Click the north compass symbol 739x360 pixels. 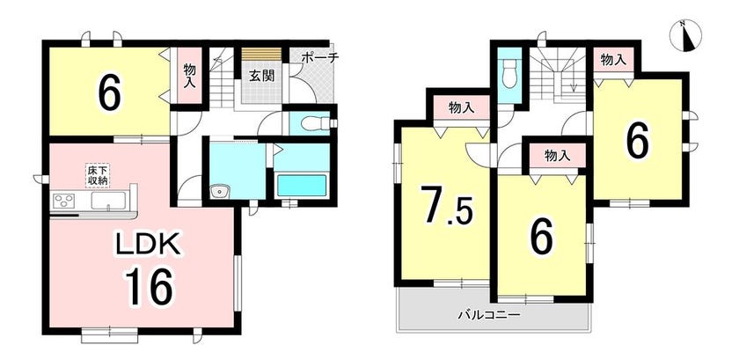[x=685, y=35]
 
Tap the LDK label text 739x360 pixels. [x=150, y=245]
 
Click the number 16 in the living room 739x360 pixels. [x=150, y=285]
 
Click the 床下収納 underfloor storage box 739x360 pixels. [x=97, y=175]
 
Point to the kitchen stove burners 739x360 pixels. [x=62, y=201]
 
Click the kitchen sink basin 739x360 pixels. [x=108, y=201]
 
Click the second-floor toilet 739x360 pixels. [x=509, y=75]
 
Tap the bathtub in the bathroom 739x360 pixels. [x=302, y=186]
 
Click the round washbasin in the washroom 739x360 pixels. [x=220, y=192]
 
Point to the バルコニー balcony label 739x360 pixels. [x=489, y=313]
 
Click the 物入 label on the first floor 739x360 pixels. [x=189, y=74]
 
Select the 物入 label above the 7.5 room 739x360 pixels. [x=461, y=107]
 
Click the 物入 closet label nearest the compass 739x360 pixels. [x=614, y=60]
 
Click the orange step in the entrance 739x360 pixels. [x=261, y=54]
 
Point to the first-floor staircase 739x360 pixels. [x=222, y=77]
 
